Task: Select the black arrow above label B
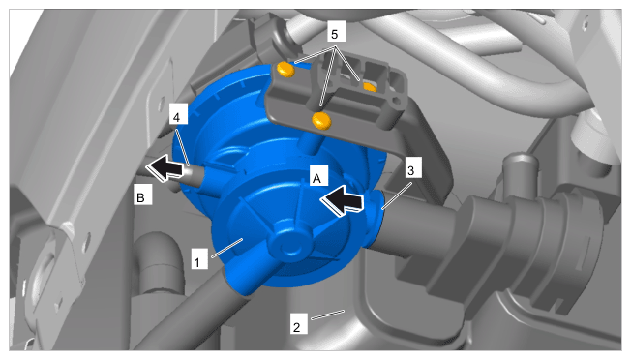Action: tap(165, 168)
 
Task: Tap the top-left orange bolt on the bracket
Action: tap(285, 70)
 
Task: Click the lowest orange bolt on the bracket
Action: tap(321, 121)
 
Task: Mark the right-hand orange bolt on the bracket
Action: tap(371, 86)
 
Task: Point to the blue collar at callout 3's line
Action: tap(375, 220)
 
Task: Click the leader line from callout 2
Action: tap(327, 315)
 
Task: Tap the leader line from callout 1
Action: tap(227, 248)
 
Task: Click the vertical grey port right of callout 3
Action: tap(521, 172)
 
